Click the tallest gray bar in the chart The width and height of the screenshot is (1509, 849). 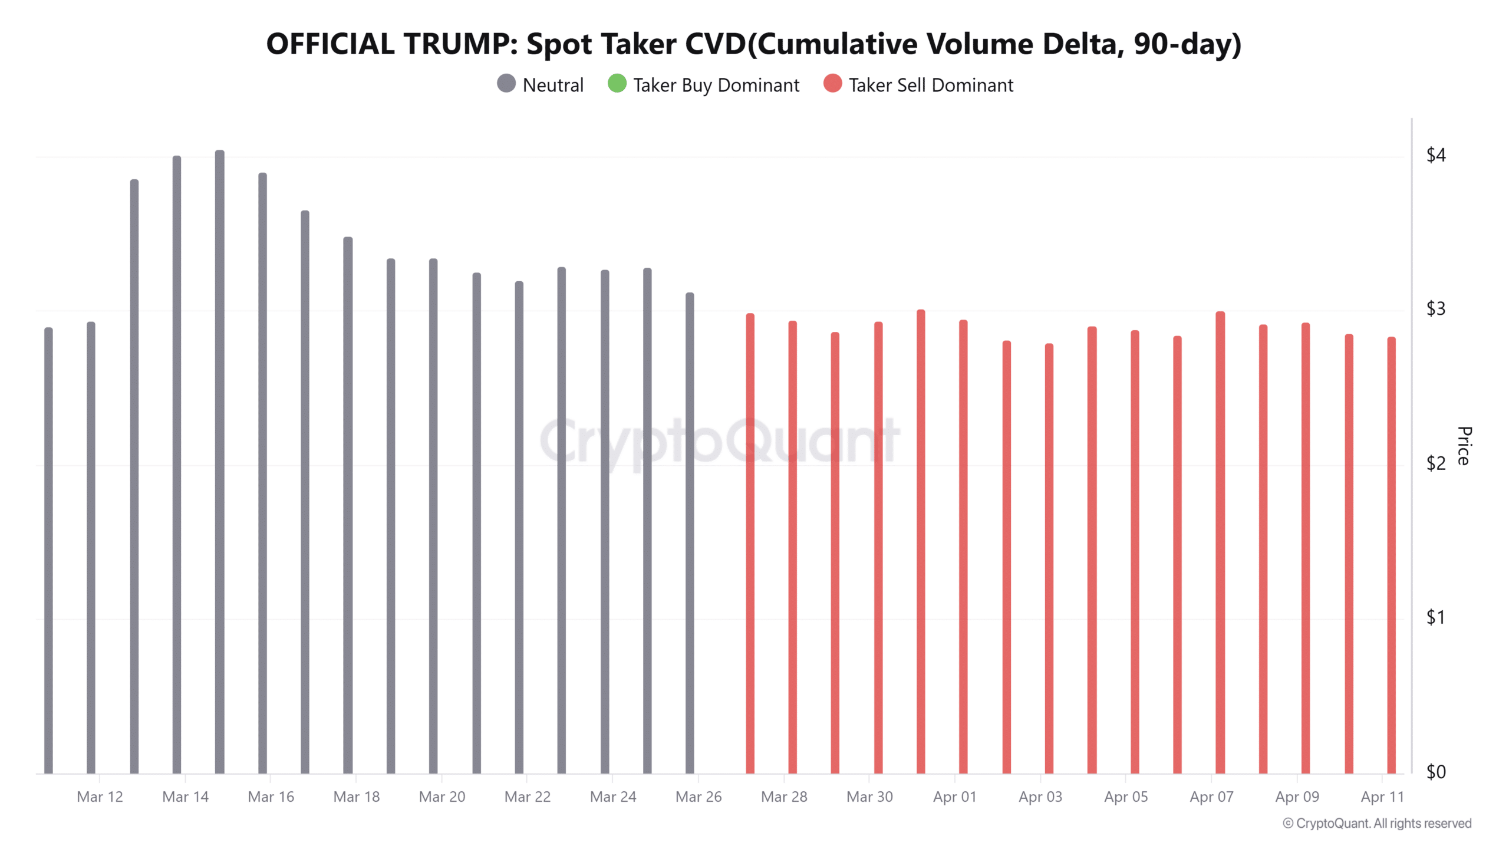pos(219,460)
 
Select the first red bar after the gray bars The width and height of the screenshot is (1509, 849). pos(750,542)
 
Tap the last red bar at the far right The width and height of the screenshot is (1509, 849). pos(1391,554)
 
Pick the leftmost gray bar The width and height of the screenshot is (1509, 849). pos(48,548)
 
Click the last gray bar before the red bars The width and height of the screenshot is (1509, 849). pos(690,531)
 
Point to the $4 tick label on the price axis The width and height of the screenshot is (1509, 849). pos(1435,155)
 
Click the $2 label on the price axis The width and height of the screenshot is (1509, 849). pos(1435,463)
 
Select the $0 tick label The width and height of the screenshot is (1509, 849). pos(1435,772)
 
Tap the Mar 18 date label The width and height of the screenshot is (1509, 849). pos(356,797)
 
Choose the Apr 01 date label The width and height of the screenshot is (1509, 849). pos(954,797)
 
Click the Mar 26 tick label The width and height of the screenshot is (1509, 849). pos(698,797)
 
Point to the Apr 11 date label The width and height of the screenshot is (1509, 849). pos(1382,797)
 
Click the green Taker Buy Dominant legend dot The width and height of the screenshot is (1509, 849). pos(617,84)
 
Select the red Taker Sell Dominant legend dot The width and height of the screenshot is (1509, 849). pos(832,84)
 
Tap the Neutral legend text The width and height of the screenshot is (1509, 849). pos(553,85)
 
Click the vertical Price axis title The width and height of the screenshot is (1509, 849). pos(1464,446)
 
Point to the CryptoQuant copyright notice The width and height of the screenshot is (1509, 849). pos(1377,823)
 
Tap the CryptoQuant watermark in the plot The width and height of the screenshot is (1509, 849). pos(719,441)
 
